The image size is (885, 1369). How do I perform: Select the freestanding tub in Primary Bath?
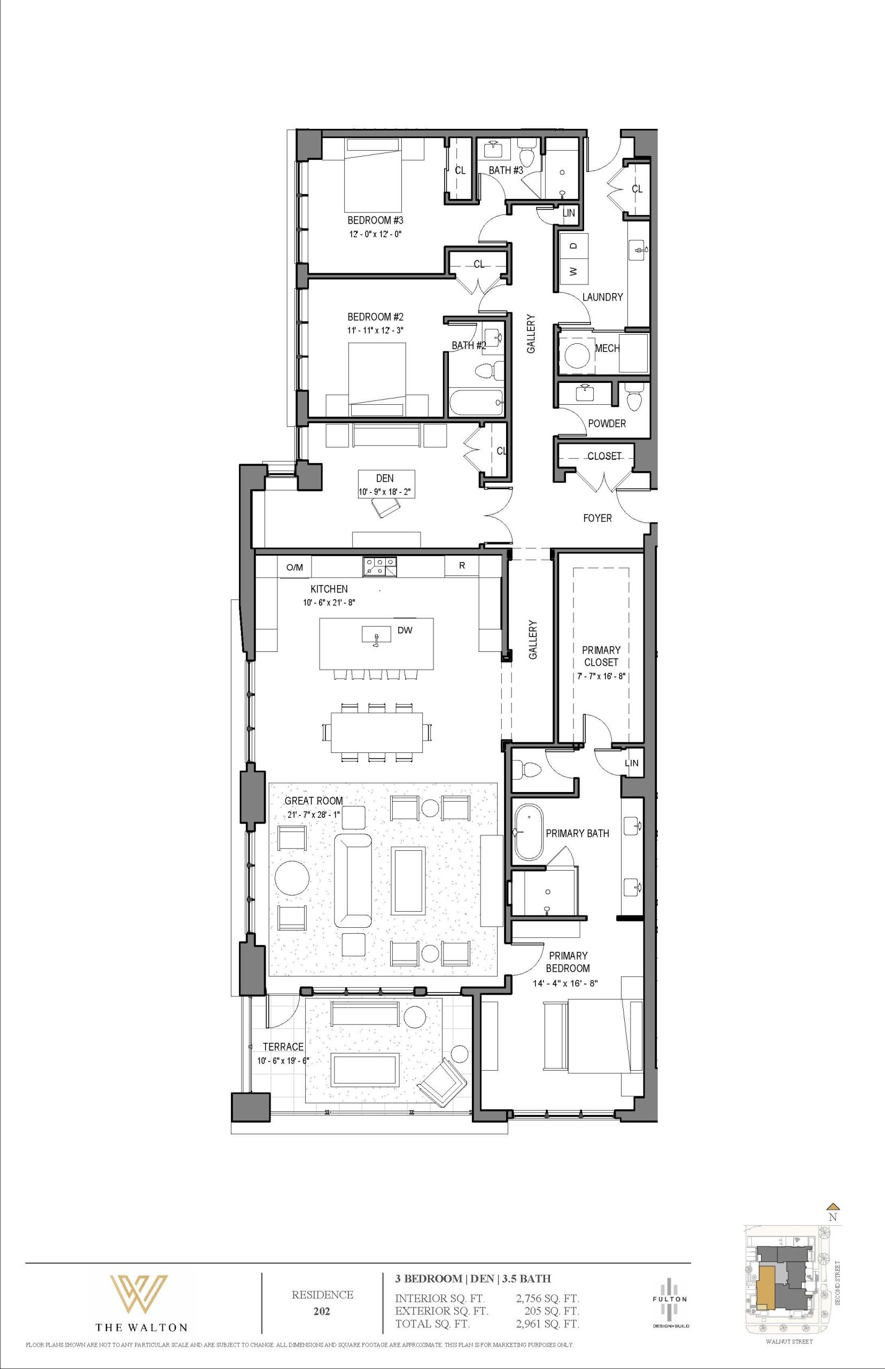(x=527, y=833)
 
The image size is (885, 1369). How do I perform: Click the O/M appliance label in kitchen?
(x=294, y=567)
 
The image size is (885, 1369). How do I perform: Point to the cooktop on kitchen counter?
(x=379, y=566)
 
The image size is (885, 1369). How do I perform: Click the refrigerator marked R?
(x=462, y=566)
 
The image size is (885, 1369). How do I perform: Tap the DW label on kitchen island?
(x=405, y=630)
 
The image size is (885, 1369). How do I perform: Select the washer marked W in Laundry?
(x=573, y=271)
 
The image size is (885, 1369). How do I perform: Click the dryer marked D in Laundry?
(x=573, y=245)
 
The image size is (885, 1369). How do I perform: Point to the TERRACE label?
(x=283, y=1047)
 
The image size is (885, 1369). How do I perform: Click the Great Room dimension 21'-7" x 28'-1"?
(x=314, y=814)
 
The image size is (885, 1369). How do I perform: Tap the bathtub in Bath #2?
(x=476, y=403)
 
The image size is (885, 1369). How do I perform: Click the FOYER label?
(x=597, y=518)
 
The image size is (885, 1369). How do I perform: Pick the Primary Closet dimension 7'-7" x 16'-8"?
(x=601, y=676)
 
